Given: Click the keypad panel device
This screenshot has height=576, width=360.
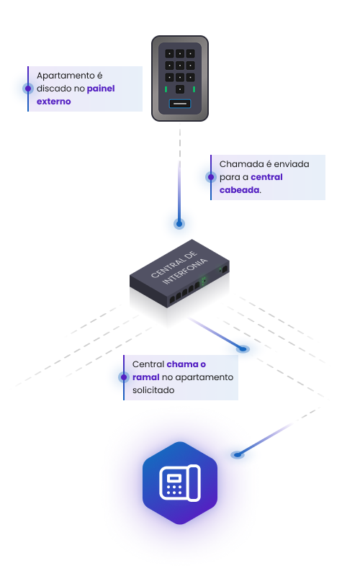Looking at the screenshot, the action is click(180, 78).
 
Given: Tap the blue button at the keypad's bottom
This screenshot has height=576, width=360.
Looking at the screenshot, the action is click(180, 104).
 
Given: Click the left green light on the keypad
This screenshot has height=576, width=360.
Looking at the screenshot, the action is click(166, 89).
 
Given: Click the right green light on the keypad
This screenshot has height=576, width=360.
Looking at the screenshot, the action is click(194, 89).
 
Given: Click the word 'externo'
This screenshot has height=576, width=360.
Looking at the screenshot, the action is click(53, 102).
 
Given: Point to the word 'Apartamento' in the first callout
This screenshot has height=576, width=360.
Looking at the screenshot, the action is click(66, 76).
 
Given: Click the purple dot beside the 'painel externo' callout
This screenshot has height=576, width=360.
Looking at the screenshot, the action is click(28, 89).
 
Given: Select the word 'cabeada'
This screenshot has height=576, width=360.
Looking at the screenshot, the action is click(240, 190).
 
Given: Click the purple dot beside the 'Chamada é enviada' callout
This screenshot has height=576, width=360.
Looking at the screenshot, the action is click(211, 177).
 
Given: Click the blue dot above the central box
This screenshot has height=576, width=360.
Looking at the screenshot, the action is click(179, 224).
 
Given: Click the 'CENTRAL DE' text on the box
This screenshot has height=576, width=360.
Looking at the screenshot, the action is click(174, 264).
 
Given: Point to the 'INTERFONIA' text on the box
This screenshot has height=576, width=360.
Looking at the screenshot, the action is click(185, 272).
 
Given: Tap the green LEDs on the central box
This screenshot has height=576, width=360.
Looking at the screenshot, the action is click(204, 281).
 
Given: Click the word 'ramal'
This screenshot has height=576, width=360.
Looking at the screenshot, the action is click(146, 377).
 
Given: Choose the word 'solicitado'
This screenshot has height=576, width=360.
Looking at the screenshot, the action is click(153, 390).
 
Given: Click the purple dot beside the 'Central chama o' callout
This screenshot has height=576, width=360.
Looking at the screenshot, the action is click(124, 377).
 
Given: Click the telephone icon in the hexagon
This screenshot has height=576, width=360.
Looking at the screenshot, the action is click(180, 483).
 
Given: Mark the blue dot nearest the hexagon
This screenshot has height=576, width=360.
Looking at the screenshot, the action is click(238, 455).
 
